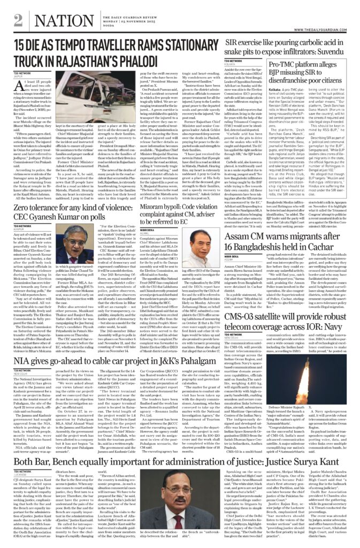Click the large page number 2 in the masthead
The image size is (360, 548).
click(x=18, y=20)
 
